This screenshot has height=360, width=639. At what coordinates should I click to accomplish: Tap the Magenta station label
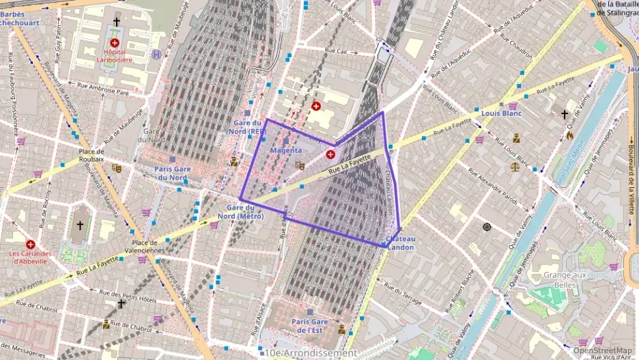[x=286, y=150]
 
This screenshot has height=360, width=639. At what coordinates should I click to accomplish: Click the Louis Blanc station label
[x=501, y=113]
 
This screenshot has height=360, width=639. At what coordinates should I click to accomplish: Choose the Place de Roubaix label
[x=91, y=155]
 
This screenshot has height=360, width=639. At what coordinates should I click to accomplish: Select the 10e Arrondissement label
[x=311, y=353]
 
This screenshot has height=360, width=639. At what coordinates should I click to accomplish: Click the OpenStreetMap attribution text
[x=602, y=350]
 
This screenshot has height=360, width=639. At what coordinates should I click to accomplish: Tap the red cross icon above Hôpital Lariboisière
[x=114, y=42]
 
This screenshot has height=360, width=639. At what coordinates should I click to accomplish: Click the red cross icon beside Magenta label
[x=330, y=155]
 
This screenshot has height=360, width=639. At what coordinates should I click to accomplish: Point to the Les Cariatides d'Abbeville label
[x=29, y=258]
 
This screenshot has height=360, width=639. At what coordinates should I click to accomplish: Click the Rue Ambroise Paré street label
[x=103, y=88]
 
